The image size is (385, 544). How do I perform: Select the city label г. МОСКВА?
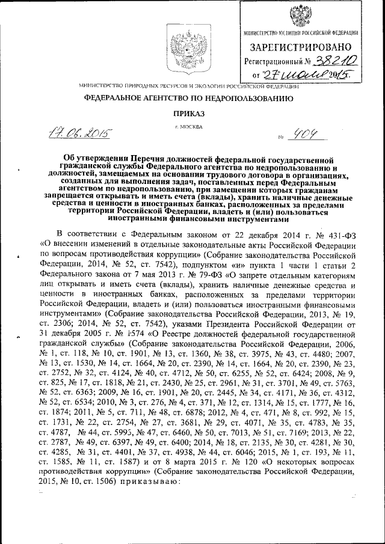[x=188, y=127]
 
